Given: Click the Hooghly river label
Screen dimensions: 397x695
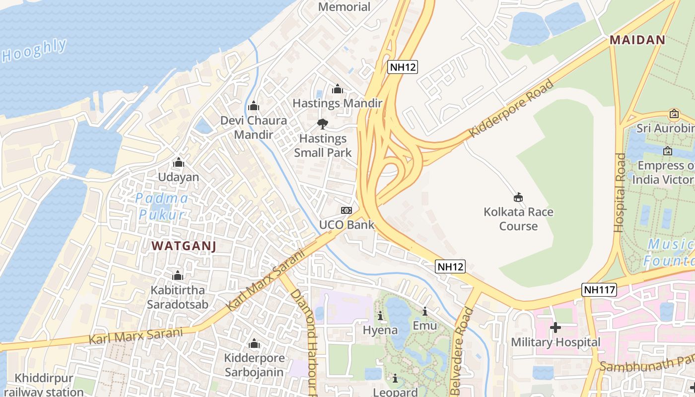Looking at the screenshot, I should [x=34, y=51].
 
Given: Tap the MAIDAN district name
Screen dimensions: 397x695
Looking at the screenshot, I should [x=637, y=40].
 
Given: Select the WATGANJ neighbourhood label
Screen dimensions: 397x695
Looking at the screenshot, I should [x=184, y=246].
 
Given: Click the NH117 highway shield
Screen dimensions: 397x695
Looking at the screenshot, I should [x=599, y=290].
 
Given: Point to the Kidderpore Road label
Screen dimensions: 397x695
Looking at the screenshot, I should [x=511, y=108].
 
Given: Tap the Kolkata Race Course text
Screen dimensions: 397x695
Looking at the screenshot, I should [x=518, y=219].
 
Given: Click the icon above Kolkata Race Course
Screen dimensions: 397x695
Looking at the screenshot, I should [x=518, y=198].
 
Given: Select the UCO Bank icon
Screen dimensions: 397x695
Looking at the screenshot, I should [x=347, y=211].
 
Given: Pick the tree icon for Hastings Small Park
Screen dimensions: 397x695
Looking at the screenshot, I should [x=323, y=124].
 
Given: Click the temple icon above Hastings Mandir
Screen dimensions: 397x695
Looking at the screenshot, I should [x=338, y=89].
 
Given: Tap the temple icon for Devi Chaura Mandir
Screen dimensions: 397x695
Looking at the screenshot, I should [x=254, y=106].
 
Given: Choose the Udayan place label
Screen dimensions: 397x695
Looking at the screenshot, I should [x=178, y=177].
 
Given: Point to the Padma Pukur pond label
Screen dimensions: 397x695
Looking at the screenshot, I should [x=162, y=206].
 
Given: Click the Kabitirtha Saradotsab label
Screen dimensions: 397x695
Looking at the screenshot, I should [x=177, y=297].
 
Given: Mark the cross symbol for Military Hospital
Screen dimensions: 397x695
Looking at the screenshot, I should [x=556, y=328].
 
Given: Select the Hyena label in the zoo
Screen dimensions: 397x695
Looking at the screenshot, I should [x=380, y=330].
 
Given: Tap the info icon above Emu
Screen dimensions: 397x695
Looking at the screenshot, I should [x=425, y=312].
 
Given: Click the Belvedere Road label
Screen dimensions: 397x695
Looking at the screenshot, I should [x=462, y=350].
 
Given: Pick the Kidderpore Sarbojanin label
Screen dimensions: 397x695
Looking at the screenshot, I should [x=254, y=365].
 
